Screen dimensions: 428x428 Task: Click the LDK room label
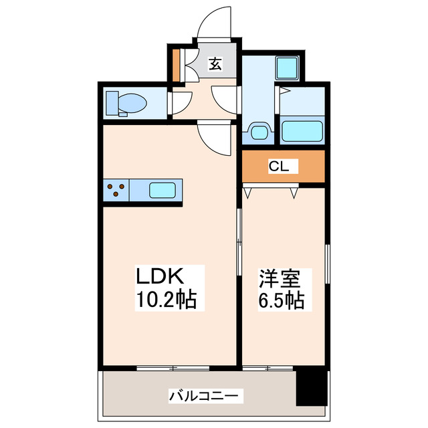pyautogui.click(x=160, y=276)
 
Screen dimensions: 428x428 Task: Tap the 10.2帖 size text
pyautogui.click(x=167, y=299)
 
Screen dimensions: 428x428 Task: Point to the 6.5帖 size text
pyautogui.click(x=281, y=300)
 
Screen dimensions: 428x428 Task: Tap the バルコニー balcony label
pyautogui.click(x=202, y=395)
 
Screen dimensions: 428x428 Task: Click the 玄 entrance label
pyautogui.click(x=215, y=64)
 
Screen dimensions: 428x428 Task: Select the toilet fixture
pyautogui.click(x=127, y=104)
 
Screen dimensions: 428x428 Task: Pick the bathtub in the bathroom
pyautogui.click(x=302, y=130)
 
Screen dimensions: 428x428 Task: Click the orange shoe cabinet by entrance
pyautogui.click(x=176, y=65)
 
